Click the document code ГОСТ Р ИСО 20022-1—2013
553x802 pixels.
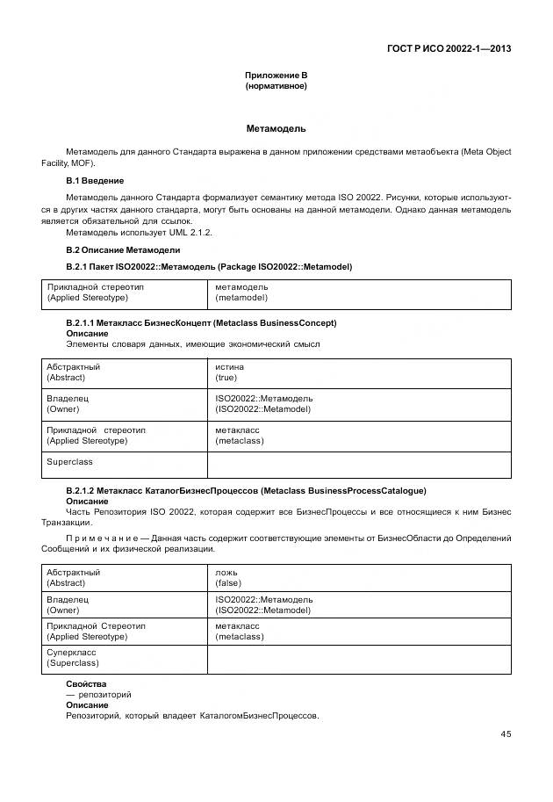449,48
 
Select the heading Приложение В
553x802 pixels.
276,76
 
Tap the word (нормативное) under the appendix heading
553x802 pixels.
276,87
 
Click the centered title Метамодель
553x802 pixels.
276,128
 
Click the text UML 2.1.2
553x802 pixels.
189,232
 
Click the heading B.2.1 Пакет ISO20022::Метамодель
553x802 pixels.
209,266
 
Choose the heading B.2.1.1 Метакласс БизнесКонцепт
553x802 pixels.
201,323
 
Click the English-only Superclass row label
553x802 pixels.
69,461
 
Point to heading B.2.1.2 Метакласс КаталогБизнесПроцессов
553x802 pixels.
246,490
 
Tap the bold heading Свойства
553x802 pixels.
86,683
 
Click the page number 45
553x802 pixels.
506,734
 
